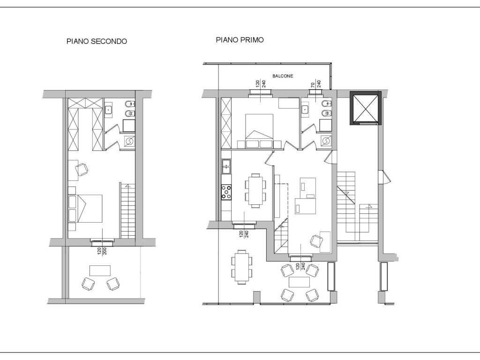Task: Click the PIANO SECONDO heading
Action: [97, 41]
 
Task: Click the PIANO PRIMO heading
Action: [240, 40]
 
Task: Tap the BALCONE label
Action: [283, 76]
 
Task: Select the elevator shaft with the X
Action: [366, 108]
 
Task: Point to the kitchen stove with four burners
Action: [226, 192]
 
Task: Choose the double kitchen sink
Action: [226, 166]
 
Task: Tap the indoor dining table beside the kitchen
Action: [255, 190]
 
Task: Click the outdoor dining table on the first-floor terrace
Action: [241, 265]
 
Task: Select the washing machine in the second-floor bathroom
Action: [129, 141]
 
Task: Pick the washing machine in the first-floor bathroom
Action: [326, 140]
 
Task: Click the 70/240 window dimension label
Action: [316, 84]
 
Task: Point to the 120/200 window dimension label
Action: [102, 251]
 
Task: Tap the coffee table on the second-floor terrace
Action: [100, 270]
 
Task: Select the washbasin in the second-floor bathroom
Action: [108, 109]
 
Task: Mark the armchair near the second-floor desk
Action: [82, 169]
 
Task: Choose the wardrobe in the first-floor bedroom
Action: [226, 123]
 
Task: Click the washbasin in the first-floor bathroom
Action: [304, 109]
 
